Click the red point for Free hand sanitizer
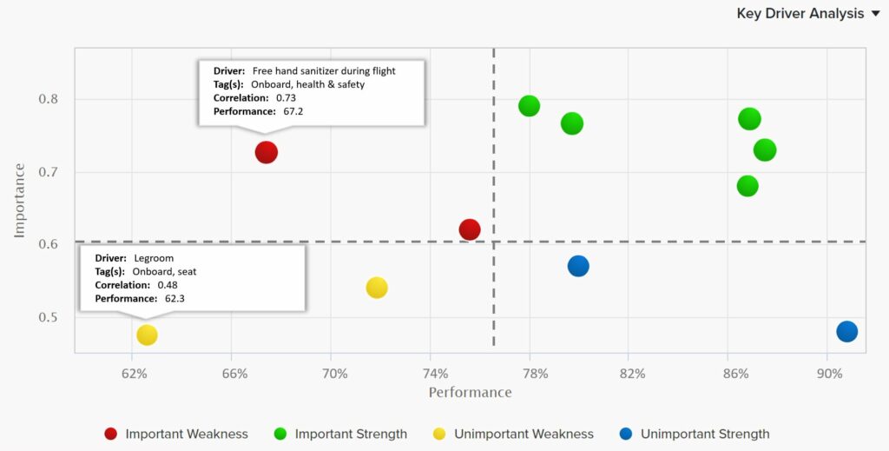click(x=267, y=152)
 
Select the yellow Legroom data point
click(x=147, y=335)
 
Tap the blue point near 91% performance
click(x=846, y=331)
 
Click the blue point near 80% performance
click(x=578, y=266)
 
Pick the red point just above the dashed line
click(x=470, y=229)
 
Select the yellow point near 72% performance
click(x=377, y=288)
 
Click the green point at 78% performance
click(x=529, y=106)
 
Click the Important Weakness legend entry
click(x=176, y=434)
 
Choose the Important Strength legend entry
click(x=340, y=434)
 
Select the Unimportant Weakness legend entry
click(x=513, y=434)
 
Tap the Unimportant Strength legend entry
click(x=694, y=434)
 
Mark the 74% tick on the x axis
click(x=435, y=374)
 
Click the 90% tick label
click(x=829, y=374)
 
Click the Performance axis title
click(x=470, y=393)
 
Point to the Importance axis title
click(x=20, y=200)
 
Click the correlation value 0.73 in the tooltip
click(x=286, y=98)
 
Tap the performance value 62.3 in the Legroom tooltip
click(x=175, y=298)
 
